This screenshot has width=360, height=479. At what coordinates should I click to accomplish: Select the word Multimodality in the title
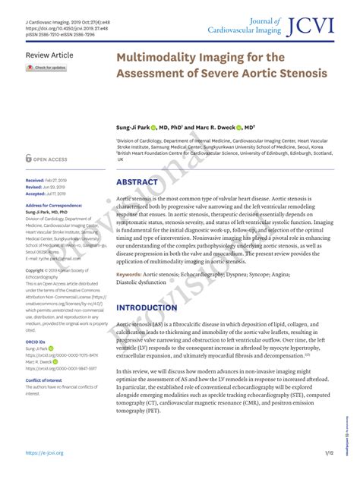153,58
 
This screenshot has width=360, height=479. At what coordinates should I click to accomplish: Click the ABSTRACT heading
137,183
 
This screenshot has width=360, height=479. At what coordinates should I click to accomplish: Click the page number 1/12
329,452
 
